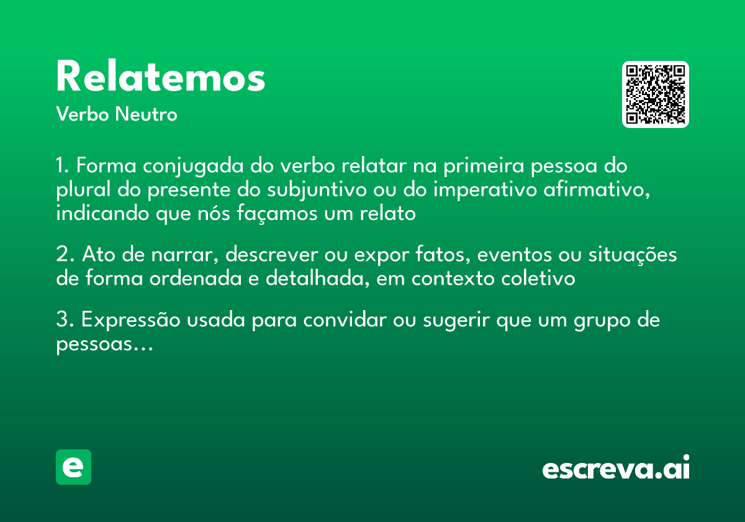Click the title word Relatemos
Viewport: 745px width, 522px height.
click(x=160, y=78)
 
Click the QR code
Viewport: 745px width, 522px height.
click(x=656, y=94)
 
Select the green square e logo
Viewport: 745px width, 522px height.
click(x=73, y=467)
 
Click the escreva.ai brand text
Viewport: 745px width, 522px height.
click(x=616, y=469)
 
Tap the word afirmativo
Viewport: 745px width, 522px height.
click(x=593, y=190)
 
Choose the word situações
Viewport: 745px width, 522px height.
click(x=637, y=255)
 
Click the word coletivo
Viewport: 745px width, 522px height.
click(x=538, y=279)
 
